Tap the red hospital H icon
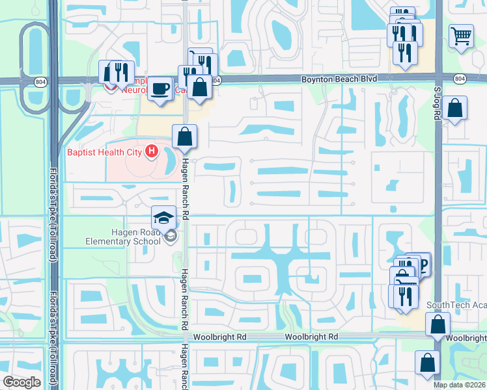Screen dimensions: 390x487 coord(152,152)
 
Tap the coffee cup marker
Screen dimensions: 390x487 coord(160,88)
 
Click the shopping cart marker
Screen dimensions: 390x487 coord(461,36)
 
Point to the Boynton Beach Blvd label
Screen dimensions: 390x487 coord(339,79)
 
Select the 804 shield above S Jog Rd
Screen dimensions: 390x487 coord(460,79)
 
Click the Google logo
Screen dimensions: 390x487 coord(21,382)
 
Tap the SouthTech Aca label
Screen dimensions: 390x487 coord(456,305)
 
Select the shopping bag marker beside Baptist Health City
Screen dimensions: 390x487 coord(185,136)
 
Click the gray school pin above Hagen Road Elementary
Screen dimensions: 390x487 coord(170,235)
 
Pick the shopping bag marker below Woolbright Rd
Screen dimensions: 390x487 coord(427,363)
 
